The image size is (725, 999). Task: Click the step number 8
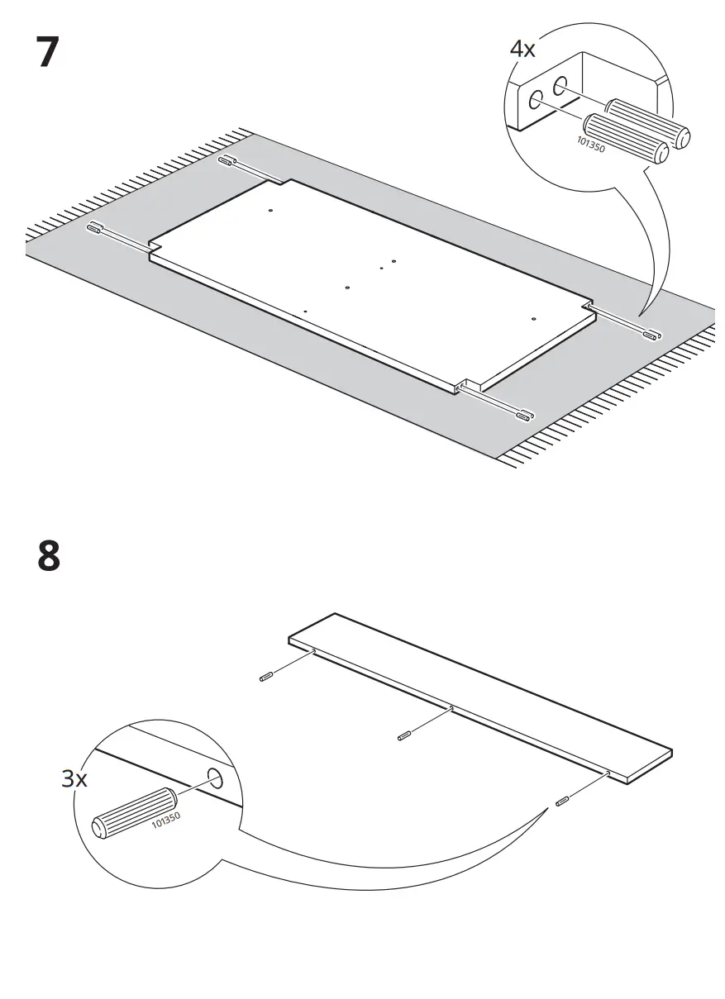(x=49, y=555)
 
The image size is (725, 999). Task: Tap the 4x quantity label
(x=522, y=50)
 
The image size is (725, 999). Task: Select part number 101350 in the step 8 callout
(x=166, y=822)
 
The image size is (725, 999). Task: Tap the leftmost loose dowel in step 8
(x=266, y=678)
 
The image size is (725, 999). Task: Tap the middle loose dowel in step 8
(x=404, y=735)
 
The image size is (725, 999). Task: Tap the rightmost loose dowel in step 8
(x=562, y=801)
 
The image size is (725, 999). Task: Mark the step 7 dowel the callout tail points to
(x=653, y=335)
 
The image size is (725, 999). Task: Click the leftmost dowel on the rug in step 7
(x=94, y=226)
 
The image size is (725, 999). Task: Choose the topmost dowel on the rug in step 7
(x=227, y=160)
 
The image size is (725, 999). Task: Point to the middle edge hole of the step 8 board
(x=450, y=709)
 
